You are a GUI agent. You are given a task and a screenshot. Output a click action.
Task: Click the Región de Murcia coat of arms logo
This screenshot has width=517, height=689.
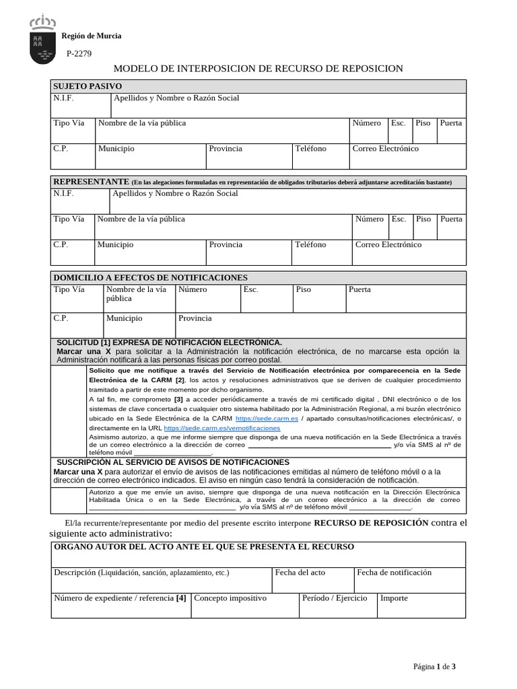tap(42, 41)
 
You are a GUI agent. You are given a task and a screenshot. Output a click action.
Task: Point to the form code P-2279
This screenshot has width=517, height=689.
tap(79, 54)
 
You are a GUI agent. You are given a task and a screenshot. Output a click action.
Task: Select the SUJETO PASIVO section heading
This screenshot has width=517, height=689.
tap(88, 87)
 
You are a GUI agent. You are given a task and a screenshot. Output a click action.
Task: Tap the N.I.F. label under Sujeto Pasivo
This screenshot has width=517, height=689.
tap(63, 98)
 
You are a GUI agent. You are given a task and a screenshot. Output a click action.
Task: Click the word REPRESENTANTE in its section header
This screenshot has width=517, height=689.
tap(91, 182)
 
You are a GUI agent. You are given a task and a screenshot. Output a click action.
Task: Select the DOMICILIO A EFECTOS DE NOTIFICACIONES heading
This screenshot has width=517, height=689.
tap(150, 278)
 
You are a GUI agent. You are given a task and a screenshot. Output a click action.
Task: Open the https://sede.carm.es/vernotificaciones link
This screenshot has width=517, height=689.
tap(221, 428)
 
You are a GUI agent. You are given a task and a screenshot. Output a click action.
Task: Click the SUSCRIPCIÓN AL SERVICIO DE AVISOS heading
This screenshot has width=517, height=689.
tap(172, 462)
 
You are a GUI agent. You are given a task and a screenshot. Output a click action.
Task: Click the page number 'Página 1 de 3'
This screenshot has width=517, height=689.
tap(434, 667)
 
